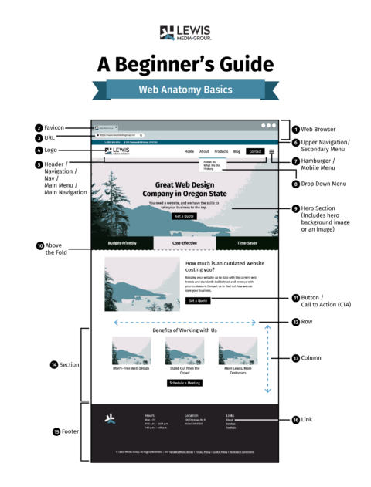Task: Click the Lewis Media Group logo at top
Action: point(185,32)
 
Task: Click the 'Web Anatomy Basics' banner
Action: point(185,89)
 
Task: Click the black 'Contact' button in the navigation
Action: point(256,151)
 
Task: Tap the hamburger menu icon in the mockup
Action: point(271,151)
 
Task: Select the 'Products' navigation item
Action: point(221,151)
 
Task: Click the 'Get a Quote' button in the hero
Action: point(184,216)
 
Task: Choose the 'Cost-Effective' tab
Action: point(185,242)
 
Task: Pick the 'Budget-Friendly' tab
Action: point(122,242)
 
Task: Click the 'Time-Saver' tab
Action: point(247,242)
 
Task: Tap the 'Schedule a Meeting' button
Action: point(185,383)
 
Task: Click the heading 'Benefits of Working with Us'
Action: point(185,330)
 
